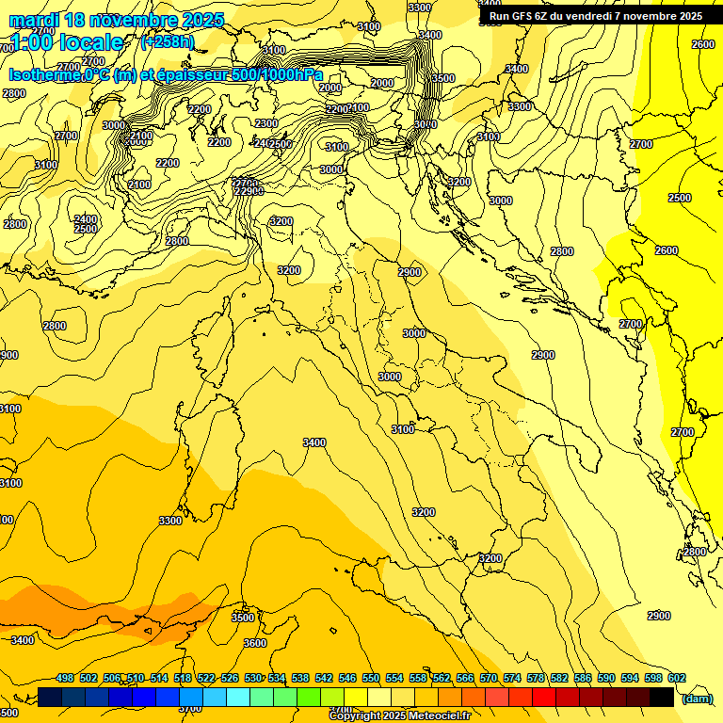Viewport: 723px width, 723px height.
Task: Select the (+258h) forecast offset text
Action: point(167,42)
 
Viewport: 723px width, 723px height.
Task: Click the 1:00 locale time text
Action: point(66,42)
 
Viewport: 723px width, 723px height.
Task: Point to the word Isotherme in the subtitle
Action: point(44,75)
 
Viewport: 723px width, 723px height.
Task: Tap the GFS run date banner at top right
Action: point(595,16)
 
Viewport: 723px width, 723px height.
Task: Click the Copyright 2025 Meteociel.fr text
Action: point(399,715)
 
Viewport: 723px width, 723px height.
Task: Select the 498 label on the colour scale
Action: point(65,679)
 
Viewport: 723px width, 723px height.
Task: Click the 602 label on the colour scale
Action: point(676,679)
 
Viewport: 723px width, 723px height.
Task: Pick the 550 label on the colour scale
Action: point(371,679)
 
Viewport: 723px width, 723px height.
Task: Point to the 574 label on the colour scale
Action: point(512,679)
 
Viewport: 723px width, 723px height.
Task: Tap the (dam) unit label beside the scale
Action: point(697,698)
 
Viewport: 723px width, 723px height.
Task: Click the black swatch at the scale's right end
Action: point(662,697)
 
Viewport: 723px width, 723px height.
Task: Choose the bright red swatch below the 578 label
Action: point(544,697)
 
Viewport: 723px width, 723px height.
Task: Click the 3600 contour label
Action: point(255,643)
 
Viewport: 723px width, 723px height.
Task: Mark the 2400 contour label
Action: point(86,219)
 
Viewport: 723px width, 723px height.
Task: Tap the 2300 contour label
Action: point(266,123)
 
